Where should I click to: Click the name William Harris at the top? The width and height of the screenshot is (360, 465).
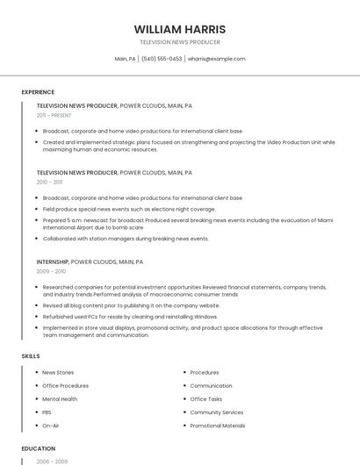pyautogui.click(x=180, y=29)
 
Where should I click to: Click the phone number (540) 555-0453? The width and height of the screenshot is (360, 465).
pyautogui.click(x=162, y=59)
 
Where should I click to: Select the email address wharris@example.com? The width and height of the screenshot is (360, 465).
pyautogui.click(x=216, y=59)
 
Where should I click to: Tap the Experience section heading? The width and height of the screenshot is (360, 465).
pyautogui.click(x=38, y=92)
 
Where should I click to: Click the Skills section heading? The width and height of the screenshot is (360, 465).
pyautogui.click(x=31, y=356)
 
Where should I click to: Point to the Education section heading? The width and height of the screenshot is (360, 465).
pyautogui.click(x=39, y=448)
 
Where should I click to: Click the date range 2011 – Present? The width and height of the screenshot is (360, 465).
pyautogui.click(x=54, y=115)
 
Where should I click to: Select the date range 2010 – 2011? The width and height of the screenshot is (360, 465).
pyautogui.click(x=49, y=182)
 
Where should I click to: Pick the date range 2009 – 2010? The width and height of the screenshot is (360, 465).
pyautogui.click(x=50, y=271)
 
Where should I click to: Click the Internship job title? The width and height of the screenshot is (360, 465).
pyautogui.click(x=53, y=261)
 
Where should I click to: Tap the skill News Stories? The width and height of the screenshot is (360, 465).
pyautogui.click(x=58, y=373)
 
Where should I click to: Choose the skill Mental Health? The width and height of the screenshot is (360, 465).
pyautogui.click(x=60, y=399)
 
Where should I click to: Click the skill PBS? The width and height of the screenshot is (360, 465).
pyautogui.click(x=47, y=412)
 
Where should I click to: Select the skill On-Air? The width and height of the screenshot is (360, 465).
pyautogui.click(x=50, y=426)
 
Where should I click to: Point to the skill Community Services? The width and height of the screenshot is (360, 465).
pyautogui.click(x=217, y=412)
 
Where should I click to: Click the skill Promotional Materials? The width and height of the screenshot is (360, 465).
pyautogui.click(x=218, y=426)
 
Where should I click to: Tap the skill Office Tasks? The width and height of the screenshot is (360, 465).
pyautogui.click(x=206, y=399)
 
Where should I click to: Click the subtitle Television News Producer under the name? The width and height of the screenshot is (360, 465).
pyautogui.click(x=180, y=42)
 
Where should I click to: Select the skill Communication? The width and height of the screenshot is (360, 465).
pyautogui.click(x=211, y=386)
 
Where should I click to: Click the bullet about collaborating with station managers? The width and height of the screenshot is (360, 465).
pyautogui.click(x=126, y=239)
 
